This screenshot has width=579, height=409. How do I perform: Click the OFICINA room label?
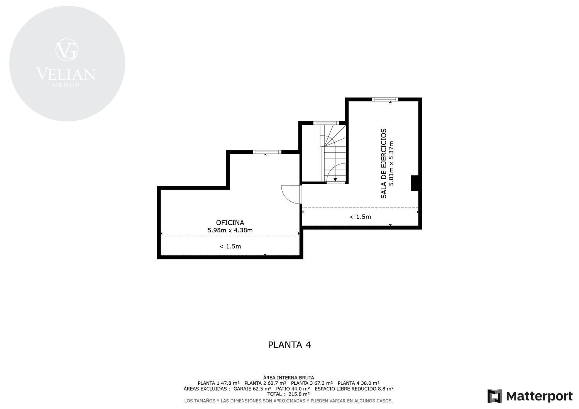pyautogui.click(x=230, y=222)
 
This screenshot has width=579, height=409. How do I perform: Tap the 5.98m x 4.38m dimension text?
pyautogui.click(x=230, y=230)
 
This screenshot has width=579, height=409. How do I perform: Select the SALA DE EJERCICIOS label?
pyautogui.click(x=384, y=163)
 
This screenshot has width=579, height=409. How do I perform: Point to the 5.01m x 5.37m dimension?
pyautogui.click(x=391, y=163)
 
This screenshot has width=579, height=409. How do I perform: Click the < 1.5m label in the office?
pyautogui.click(x=230, y=246)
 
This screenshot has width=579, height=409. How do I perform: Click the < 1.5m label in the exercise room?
pyautogui.click(x=360, y=217)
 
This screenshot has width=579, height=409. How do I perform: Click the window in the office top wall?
pyautogui.click(x=267, y=152)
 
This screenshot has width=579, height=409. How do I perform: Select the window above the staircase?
pyautogui.click(x=326, y=123)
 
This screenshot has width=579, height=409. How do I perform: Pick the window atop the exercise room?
pyautogui.click(x=385, y=99)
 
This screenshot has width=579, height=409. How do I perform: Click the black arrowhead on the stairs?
pyautogui.click(x=335, y=180)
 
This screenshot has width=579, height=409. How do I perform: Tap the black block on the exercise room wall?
pyautogui.click(x=415, y=183)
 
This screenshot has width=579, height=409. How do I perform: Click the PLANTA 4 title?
pyautogui.click(x=289, y=345)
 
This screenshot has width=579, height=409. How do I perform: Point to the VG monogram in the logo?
pyautogui.click(x=67, y=50)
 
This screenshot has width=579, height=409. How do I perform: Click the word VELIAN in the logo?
pyautogui.click(x=66, y=74)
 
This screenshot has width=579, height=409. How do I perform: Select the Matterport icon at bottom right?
pyautogui.click(x=495, y=396)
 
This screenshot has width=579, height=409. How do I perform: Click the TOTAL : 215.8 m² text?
pyautogui.click(x=288, y=394)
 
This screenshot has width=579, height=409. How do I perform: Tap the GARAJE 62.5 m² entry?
pyautogui.click(x=252, y=389)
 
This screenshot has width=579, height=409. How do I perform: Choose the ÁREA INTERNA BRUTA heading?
pyautogui.click(x=288, y=378)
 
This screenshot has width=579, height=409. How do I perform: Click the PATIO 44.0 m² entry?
pyautogui.click(x=293, y=389)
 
